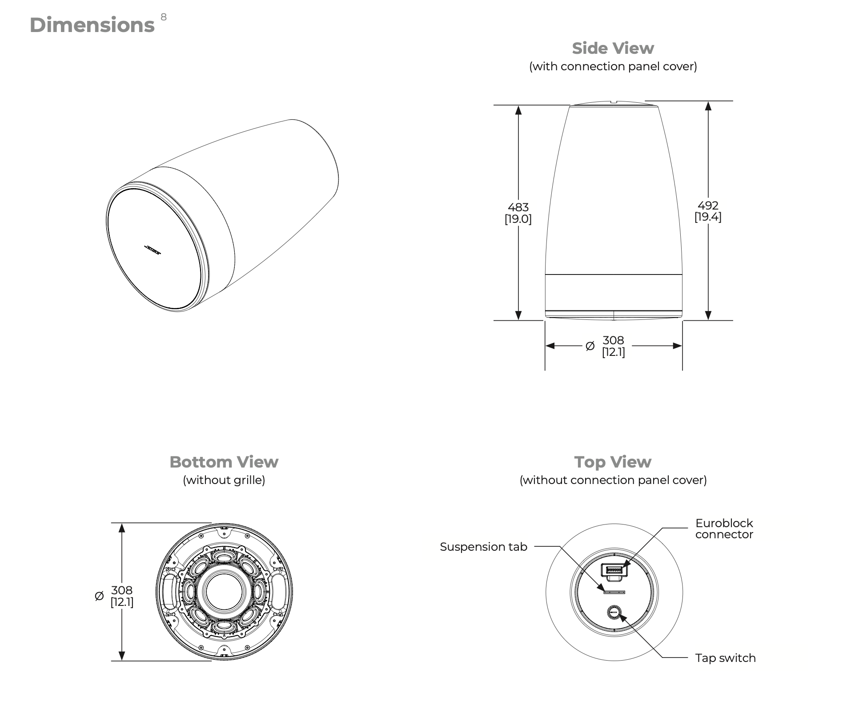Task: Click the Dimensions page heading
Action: [92, 25]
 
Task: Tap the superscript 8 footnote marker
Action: [164, 17]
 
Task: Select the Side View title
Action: [613, 48]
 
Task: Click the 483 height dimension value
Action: [518, 207]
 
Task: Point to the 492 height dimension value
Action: [708, 206]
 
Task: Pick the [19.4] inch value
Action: [708, 217]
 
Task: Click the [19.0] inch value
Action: [518, 219]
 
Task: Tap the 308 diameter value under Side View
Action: [613, 340]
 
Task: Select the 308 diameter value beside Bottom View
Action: [121, 590]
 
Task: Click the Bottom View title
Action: [224, 462]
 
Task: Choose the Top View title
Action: [613, 462]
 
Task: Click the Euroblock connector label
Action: [724, 528]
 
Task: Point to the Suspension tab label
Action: [483, 547]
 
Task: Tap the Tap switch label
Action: [725, 658]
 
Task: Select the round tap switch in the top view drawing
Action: [614, 613]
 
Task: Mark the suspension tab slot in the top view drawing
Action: [614, 593]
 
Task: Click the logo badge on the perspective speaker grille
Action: [153, 250]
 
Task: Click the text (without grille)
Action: [224, 480]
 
